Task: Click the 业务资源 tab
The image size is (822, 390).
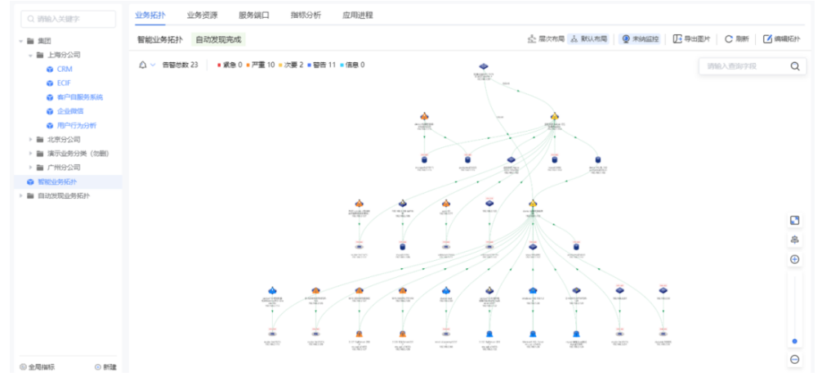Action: (202, 15)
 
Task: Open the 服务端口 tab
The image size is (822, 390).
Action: (254, 15)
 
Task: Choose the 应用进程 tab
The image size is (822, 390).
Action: (358, 15)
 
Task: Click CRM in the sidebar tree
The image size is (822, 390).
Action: (65, 69)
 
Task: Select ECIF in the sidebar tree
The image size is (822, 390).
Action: (65, 83)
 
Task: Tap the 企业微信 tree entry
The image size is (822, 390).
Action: (69, 111)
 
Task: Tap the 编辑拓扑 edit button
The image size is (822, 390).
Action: (782, 38)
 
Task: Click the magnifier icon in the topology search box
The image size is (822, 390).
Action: (794, 66)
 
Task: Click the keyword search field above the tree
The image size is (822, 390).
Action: (69, 17)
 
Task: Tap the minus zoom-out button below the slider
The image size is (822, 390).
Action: (794, 360)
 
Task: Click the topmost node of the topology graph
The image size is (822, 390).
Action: (484, 66)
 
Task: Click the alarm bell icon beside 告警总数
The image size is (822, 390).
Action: (144, 65)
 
